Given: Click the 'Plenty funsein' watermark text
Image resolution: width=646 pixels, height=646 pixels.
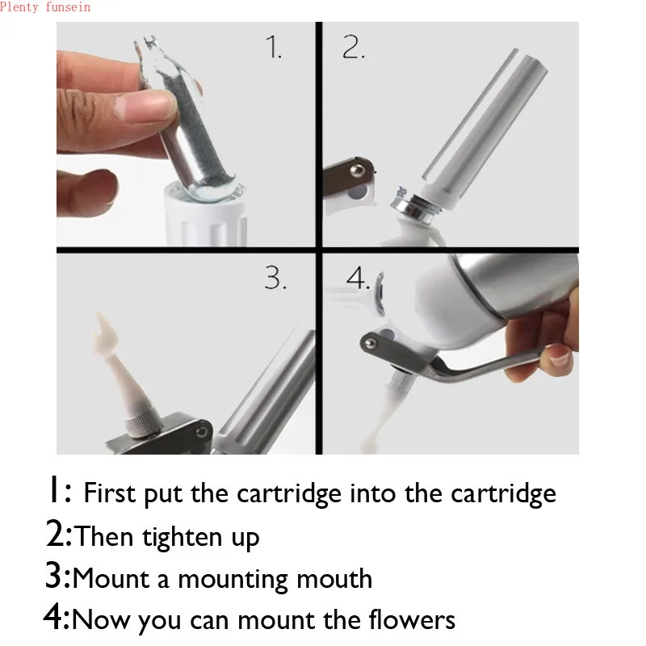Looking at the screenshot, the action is [x=45, y=7].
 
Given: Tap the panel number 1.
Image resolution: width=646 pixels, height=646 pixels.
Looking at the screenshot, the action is [x=274, y=47].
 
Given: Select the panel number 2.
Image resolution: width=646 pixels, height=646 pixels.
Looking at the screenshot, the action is [x=353, y=47].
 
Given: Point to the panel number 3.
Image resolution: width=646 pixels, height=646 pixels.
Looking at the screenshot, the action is [x=275, y=278].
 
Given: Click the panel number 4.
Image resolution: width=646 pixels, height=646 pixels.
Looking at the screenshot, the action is [x=357, y=278].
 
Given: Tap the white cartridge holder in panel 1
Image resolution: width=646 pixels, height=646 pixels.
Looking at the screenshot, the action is [x=205, y=216].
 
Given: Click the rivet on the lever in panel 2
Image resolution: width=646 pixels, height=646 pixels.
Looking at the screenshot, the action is [x=357, y=170].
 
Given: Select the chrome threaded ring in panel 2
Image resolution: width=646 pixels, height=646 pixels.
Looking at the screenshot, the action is [x=414, y=204].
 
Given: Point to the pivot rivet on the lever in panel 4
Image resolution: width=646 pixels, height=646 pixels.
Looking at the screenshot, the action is [x=371, y=342].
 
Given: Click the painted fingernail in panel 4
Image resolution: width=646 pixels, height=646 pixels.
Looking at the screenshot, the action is [x=559, y=357].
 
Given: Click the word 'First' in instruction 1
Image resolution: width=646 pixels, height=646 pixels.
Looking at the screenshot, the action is [x=110, y=493].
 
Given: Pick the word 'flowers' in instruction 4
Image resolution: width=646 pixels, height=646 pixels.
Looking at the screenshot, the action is [x=412, y=619].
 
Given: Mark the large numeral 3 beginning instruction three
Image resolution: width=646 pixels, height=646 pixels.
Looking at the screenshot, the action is [x=53, y=575].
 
